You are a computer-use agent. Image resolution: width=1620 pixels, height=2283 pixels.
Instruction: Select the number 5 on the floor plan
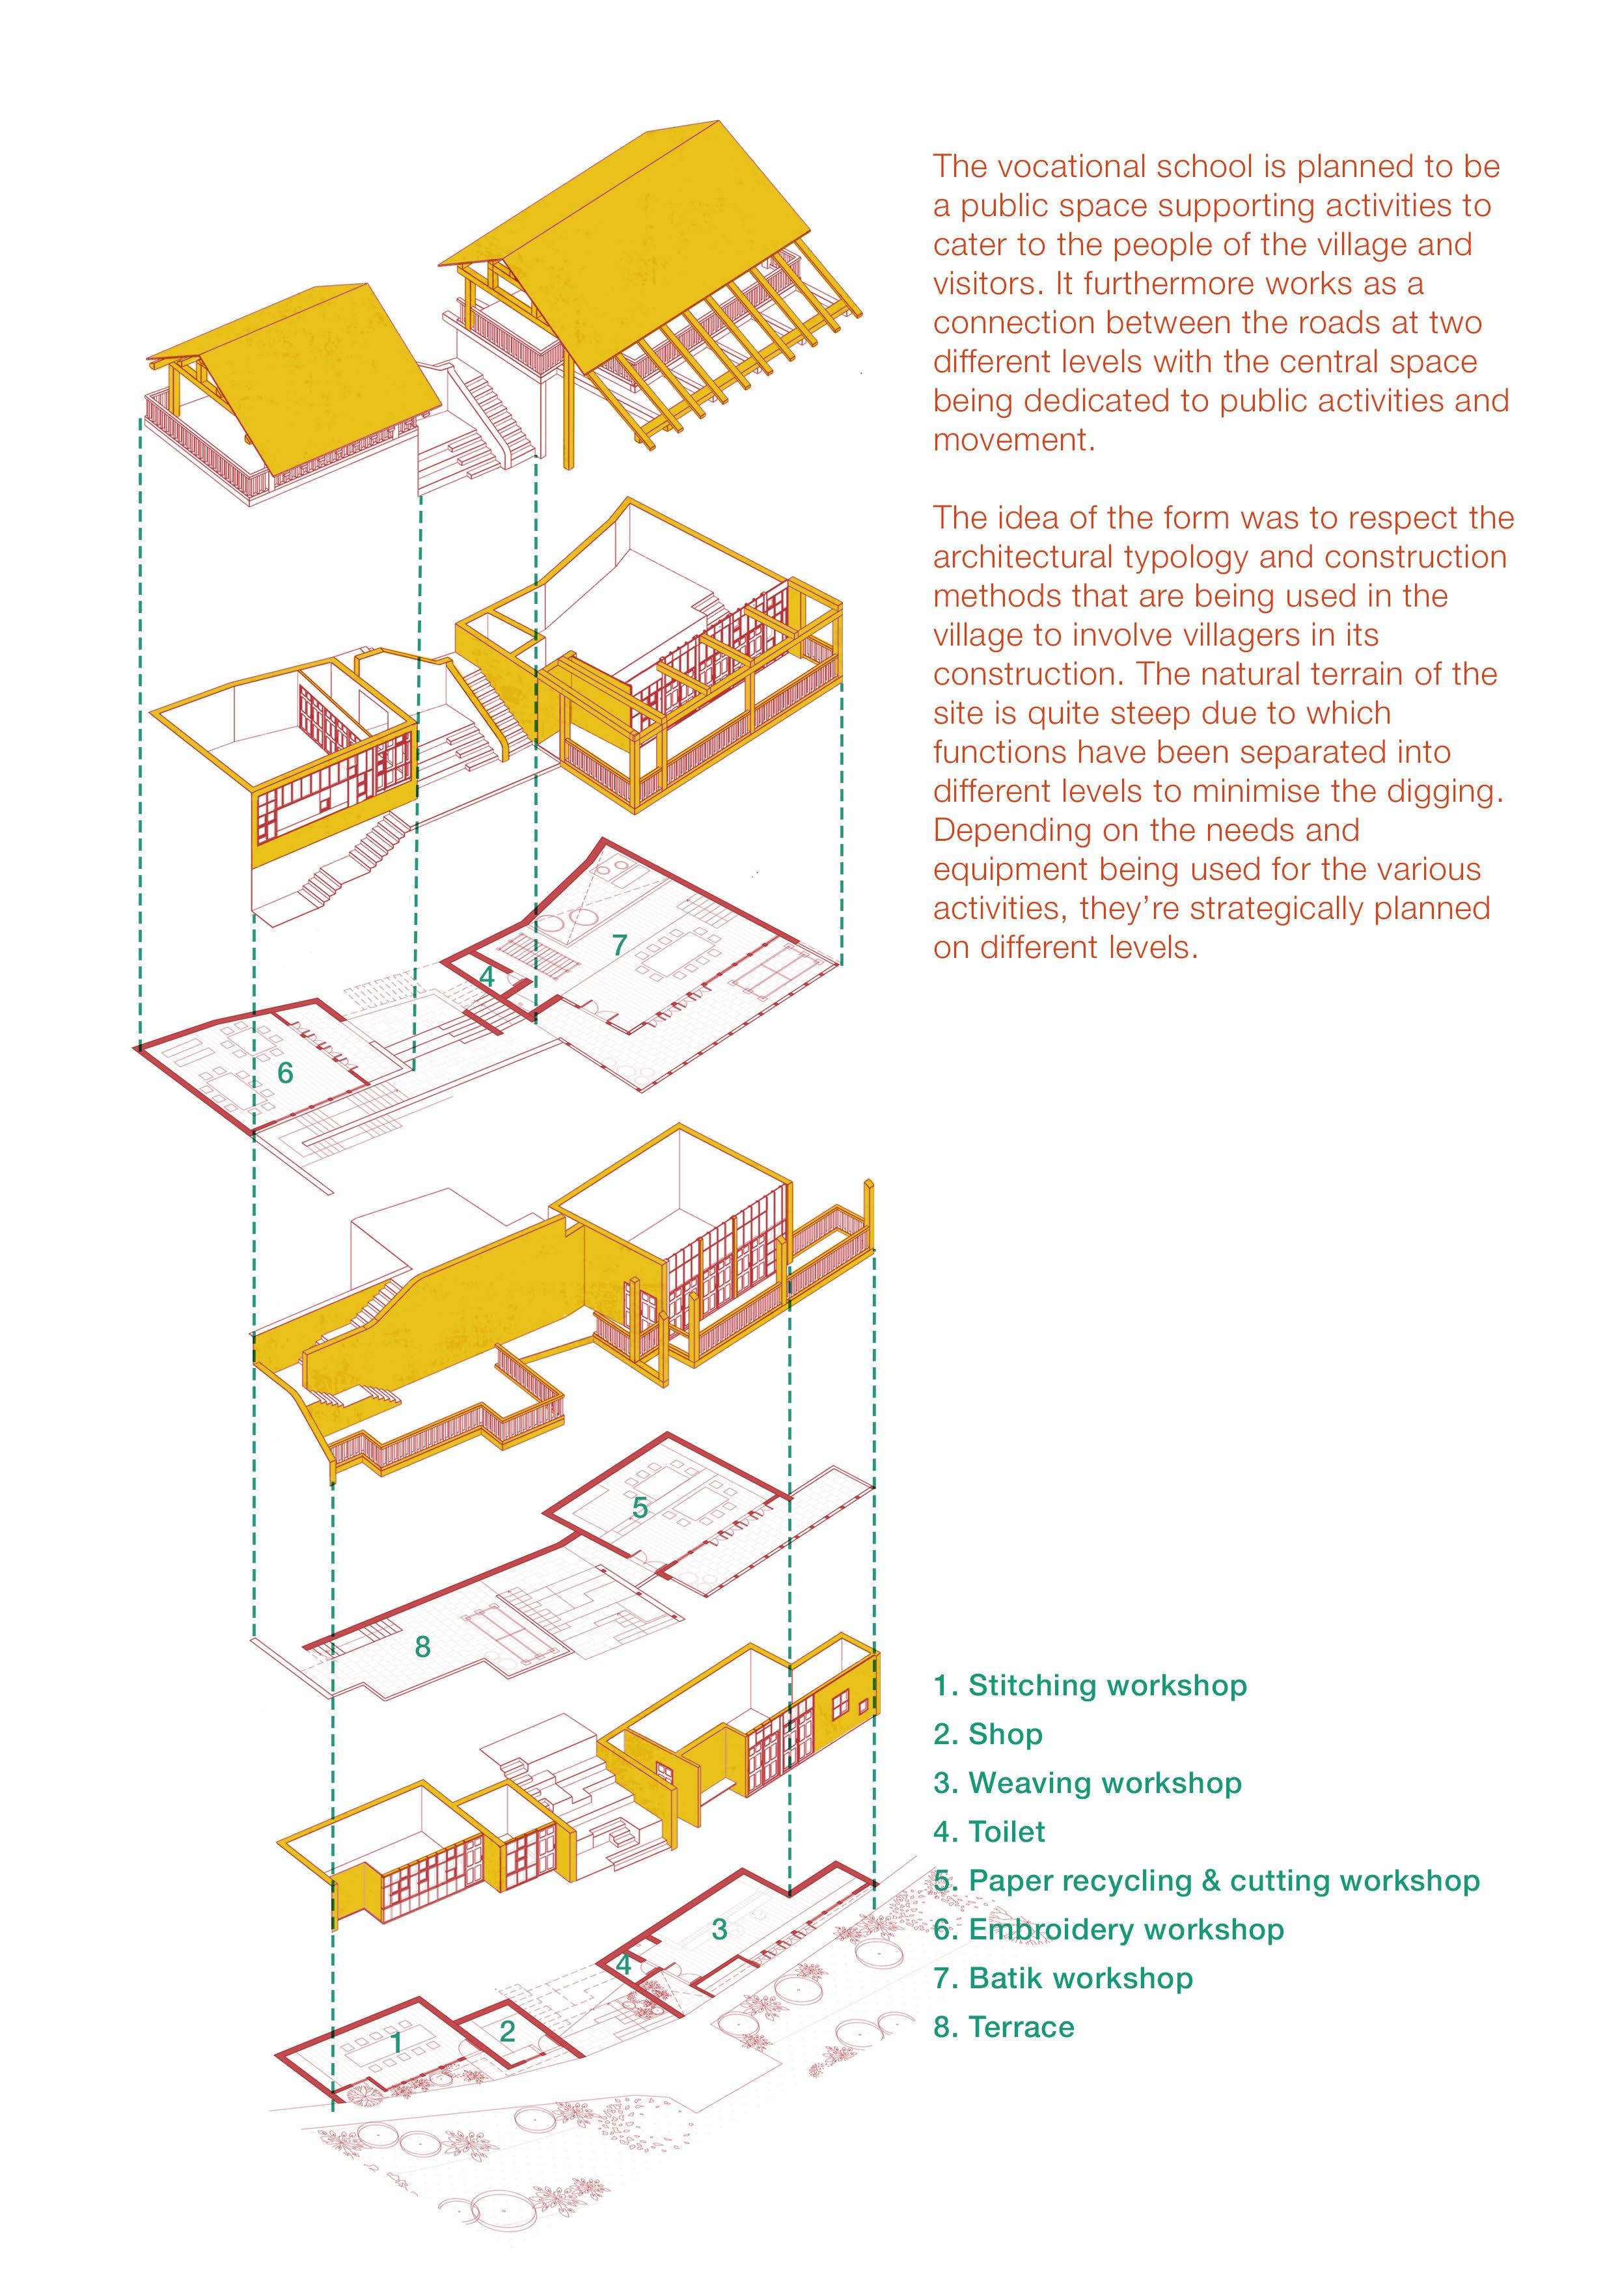(x=639, y=1508)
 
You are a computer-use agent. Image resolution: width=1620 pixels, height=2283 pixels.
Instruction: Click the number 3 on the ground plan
(x=719, y=1929)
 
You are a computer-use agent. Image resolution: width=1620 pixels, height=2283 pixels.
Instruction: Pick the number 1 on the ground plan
(x=396, y=2043)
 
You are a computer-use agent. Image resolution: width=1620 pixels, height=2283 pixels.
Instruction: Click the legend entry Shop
(x=987, y=1734)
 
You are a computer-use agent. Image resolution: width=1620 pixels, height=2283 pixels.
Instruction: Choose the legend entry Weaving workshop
(x=1088, y=1783)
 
